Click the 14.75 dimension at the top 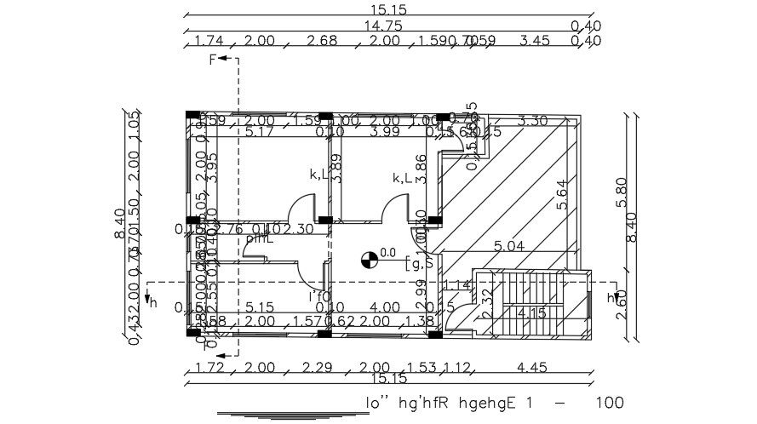(x=383, y=26)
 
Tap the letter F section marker (x=214, y=59)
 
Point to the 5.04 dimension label (x=509, y=246)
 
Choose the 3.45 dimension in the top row (x=535, y=40)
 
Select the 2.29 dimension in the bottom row (x=318, y=368)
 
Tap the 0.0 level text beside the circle (x=388, y=252)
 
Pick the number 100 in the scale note (x=609, y=402)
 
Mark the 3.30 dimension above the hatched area (x=532, y=120)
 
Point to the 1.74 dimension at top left (x=209, y=40)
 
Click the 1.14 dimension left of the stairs (x=458, y=285)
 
